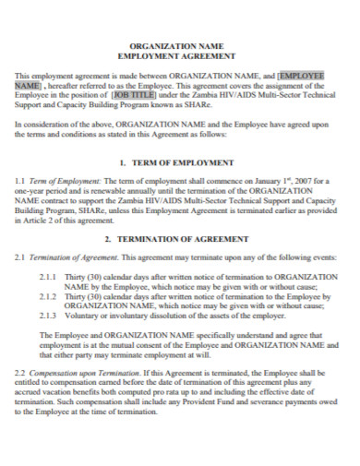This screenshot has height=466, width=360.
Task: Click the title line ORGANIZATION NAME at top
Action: coord(179,43)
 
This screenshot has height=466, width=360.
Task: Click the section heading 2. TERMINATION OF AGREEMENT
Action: coord(179,237)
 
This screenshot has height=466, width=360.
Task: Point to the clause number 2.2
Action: coord(18,373)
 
